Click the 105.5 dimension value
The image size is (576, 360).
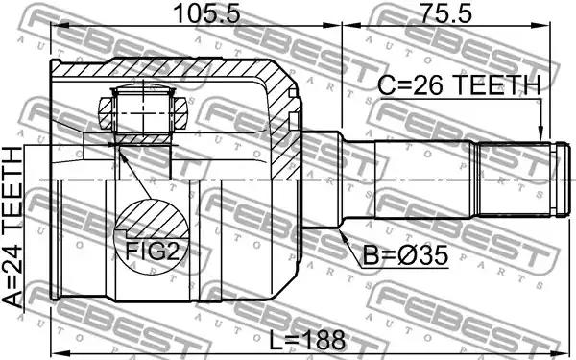coord(207,13)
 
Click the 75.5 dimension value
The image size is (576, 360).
coord(445,13)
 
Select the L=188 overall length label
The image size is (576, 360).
coord(308,340)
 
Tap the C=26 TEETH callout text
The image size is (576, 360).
coord(460,85)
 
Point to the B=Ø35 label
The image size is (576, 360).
coord(405,255)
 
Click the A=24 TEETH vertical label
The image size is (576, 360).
coord(13,228)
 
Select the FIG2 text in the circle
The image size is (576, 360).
coord(152,251)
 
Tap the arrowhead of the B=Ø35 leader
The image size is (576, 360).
coord(344,235)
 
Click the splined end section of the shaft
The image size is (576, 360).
coord(514,180)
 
